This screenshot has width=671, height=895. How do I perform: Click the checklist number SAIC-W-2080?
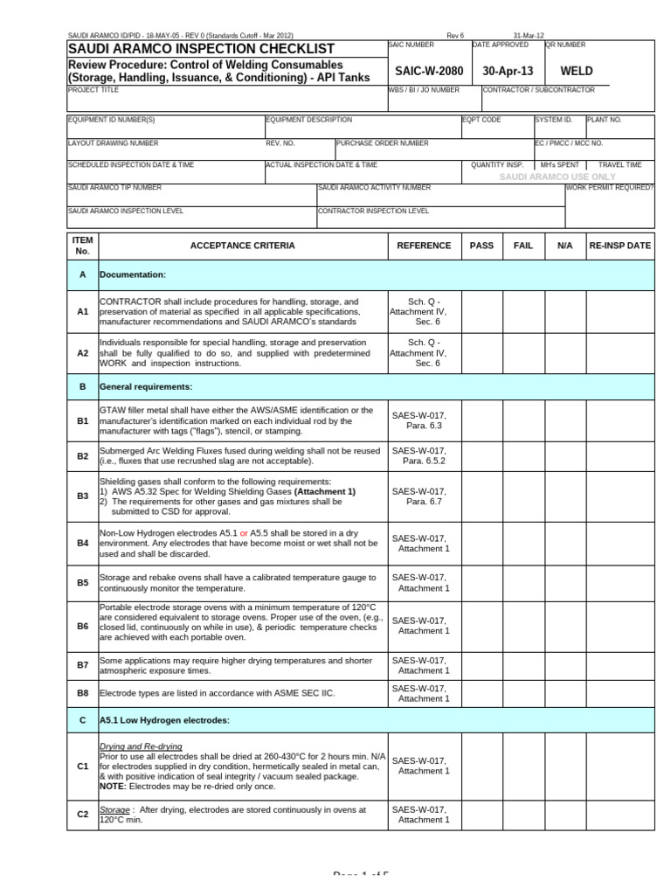(x=427, y=71)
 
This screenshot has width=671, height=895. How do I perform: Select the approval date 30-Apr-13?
(x=507, y=71)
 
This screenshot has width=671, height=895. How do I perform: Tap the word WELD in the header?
(x=577, y=71)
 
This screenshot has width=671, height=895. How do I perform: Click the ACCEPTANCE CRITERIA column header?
(x=242, y=246)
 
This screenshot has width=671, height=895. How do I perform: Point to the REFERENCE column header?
(x=424, y=246)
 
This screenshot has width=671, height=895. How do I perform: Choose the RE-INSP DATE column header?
(x=620, y=246)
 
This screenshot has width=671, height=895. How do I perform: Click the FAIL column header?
(x=522, y=246)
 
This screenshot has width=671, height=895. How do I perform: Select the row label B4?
(x=83, y=543)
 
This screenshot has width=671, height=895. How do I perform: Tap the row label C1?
(x=83, y=766)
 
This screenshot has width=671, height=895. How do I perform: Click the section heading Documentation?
(x=133, y=274)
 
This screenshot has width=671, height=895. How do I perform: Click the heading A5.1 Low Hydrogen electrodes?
(x=164, y=720)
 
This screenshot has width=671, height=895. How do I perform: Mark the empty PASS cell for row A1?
(x=481, y=311)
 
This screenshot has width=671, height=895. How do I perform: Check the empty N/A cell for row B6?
(x=564, y=625)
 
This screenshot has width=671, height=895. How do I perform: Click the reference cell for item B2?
(x=424, y=455)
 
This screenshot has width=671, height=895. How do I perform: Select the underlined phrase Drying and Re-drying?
(x=141, y=746)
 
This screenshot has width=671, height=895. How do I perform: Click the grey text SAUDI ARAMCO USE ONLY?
(x=557, y=177)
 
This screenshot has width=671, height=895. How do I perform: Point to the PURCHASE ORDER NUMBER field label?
(x=383, y=142)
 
